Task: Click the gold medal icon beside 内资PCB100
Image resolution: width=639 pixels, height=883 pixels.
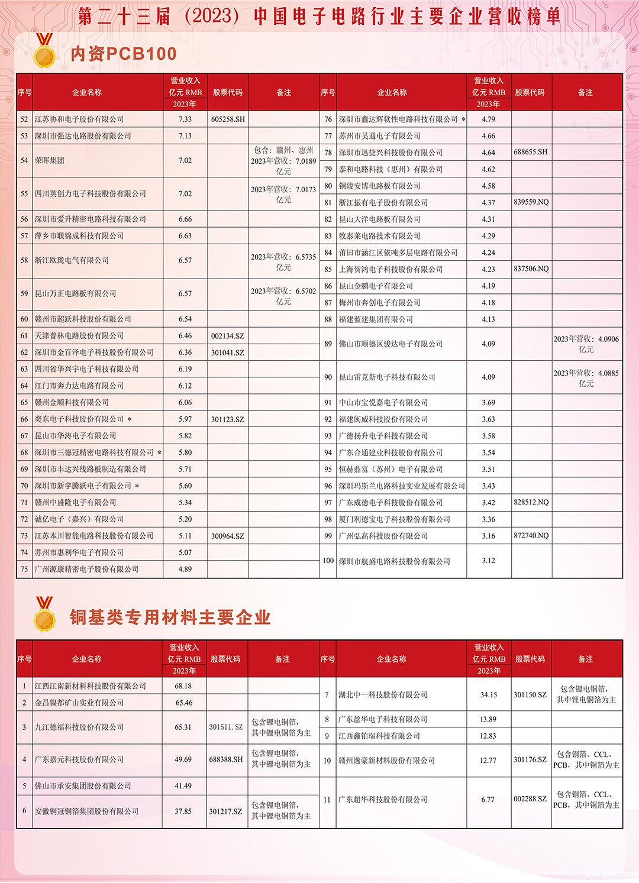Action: (44, 51)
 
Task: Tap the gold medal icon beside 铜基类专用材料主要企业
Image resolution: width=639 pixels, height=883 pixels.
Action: (44, 614)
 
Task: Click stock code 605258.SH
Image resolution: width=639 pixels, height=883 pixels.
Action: (228, 119)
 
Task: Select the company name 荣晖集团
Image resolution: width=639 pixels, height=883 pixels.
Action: (50, 160)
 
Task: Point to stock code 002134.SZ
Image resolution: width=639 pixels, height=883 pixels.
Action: (228, 336)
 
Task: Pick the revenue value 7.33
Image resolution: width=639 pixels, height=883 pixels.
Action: (185, 119)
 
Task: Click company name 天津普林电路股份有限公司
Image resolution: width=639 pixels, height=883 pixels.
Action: (79, 335)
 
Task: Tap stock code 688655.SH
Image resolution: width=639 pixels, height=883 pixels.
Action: (530, 152)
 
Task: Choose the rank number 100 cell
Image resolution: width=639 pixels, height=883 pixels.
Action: (328, 561)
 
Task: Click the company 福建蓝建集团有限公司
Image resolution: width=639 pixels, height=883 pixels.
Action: (376, 319)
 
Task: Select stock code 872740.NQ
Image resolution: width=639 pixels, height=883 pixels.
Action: (531, 536)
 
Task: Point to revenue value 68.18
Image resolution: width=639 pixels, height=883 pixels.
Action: (183, 686)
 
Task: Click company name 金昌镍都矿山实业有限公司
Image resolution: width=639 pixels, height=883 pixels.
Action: (79, 703)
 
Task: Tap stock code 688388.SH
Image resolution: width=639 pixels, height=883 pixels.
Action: (226, 759)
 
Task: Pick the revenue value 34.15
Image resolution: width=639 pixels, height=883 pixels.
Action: (489, 695)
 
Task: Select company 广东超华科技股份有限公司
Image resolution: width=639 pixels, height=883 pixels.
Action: (383, 800)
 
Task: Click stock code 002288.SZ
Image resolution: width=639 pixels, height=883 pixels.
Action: (530, 799)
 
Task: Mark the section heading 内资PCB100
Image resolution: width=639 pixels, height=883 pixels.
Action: (124, 54)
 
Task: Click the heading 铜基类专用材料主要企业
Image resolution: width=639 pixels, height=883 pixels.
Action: (170, 617)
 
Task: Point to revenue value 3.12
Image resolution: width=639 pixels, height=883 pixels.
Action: (489, 561)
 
